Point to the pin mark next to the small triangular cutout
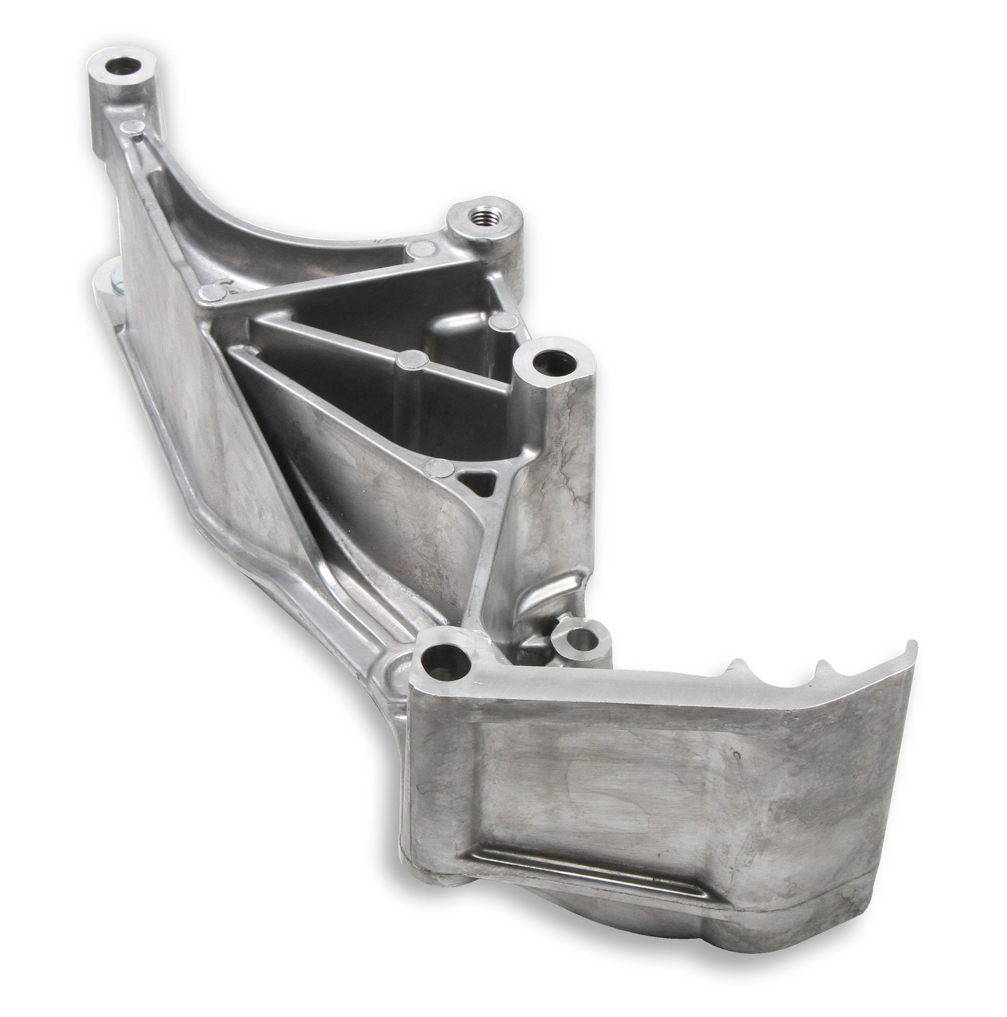click(x=440, y=465)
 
